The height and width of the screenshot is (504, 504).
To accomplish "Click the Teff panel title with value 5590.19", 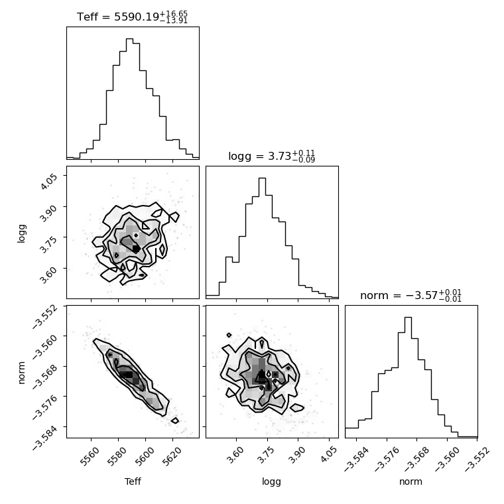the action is pos(132,17).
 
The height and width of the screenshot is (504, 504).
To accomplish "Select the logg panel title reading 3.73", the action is pos(272,157).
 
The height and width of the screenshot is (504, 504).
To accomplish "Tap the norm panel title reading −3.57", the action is pos(410,295).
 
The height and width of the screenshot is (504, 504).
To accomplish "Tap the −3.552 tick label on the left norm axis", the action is pos(45,316).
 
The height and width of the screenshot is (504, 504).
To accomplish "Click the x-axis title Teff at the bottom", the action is pos(133,481).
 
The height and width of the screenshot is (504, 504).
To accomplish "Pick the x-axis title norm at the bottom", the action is pos(410,481).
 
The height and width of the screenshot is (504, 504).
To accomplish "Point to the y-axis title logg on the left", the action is pos(21,233).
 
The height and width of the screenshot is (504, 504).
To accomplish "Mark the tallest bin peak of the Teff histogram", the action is pos(129,39).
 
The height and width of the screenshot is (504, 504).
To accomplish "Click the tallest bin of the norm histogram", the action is pos(408,318).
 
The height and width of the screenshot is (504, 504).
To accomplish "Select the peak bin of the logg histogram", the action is pos(263,178).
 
